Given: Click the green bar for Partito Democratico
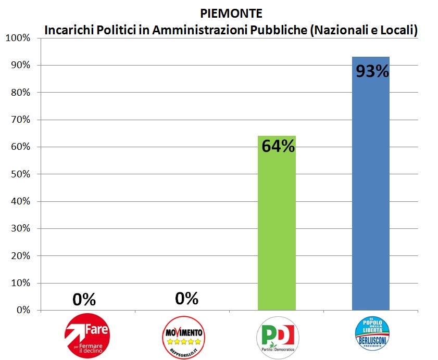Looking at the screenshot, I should coord(277,224).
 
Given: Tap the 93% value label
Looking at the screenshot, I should coord(372,71).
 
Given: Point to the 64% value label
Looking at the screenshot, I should coord(278,147).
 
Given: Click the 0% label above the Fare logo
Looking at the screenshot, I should coord(84,299).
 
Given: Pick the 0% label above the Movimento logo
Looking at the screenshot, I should coord(186,299).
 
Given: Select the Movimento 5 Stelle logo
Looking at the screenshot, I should coord(183,336).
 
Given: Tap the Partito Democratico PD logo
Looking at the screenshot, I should coord(278,337).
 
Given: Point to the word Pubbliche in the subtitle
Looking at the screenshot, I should coord(279,30).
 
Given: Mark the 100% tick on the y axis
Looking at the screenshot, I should coord(18,38).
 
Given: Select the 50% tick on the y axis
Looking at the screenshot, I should coord(20,174).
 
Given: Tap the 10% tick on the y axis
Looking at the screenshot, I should coord(20,283).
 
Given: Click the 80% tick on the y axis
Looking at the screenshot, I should coord(20,93).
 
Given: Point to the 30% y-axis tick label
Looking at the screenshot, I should coord(20,229).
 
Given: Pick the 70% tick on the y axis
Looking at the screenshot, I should coord(20,120).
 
